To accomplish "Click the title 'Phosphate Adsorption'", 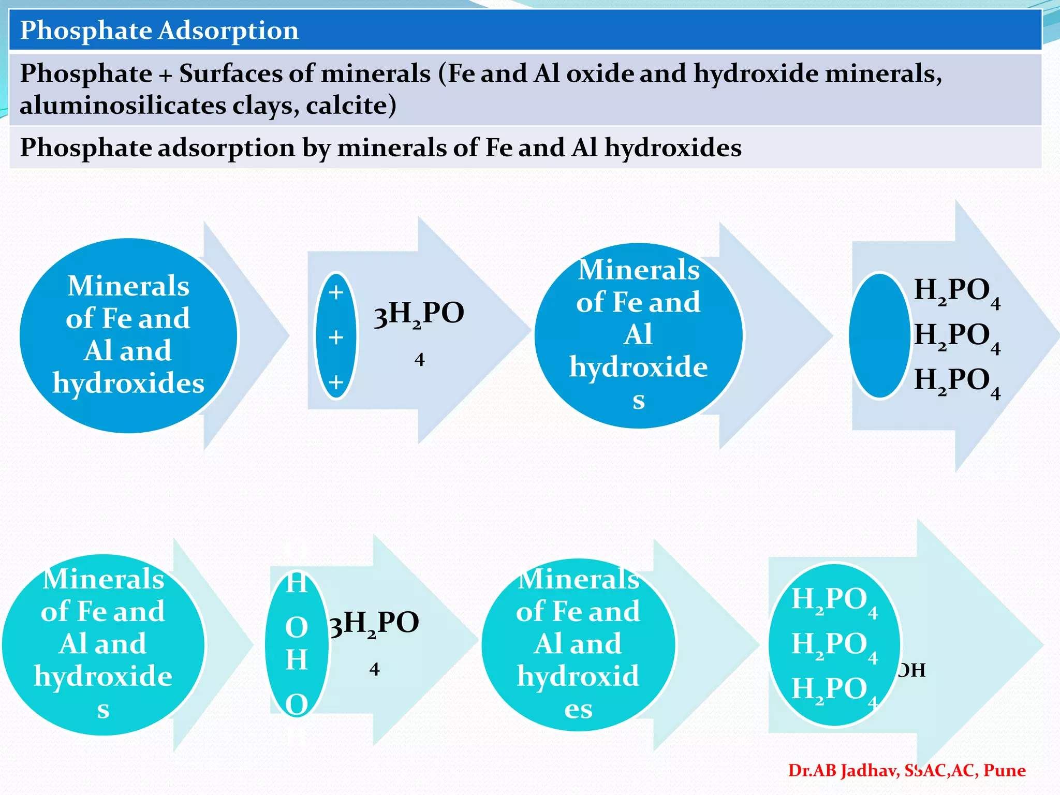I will (159, 31).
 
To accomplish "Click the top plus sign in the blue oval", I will (336, 292).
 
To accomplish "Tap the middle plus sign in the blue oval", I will (336, 337).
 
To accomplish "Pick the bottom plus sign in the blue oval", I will (336, 382).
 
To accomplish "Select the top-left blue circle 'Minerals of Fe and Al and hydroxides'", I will (128, 335).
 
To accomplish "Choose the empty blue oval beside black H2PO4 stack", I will (879, 336).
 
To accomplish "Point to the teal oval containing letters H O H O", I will (297, 644).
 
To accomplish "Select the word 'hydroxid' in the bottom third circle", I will (578, 676).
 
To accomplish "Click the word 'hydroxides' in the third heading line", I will (673, 148).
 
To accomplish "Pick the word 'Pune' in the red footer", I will (1004, 771).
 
